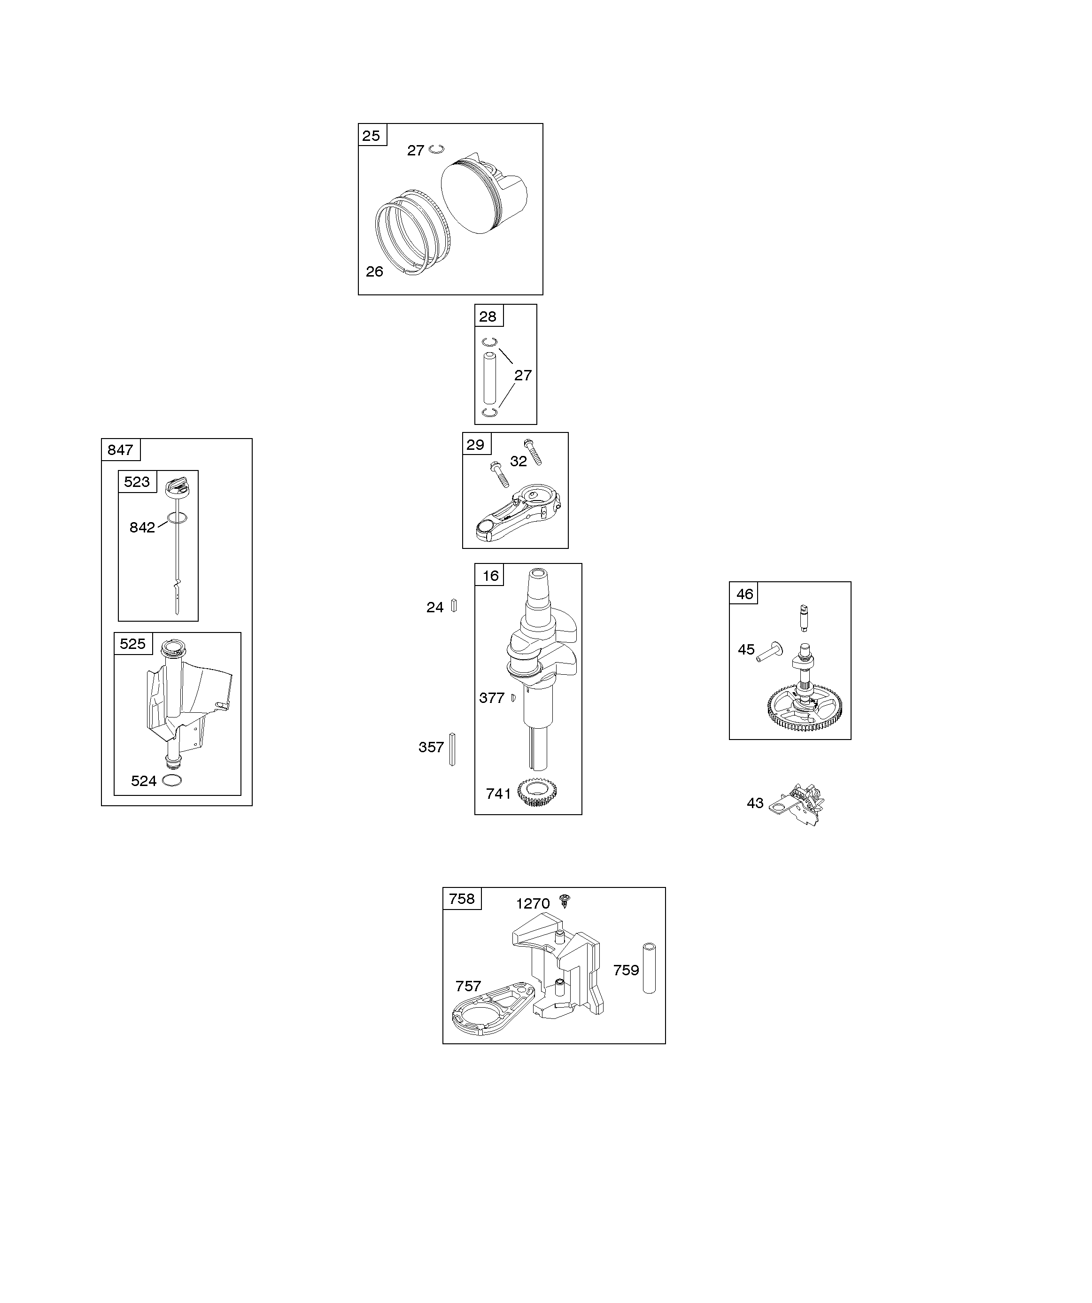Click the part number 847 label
click(x=120, y=450)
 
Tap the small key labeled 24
click(x=454, y=606)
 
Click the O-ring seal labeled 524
click(x=172, y=780)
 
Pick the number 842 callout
click(x=142, y=527)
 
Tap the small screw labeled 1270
click(x=565, y=900)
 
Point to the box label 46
click(x=744, y=594)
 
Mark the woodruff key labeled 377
click(x=513, y=698)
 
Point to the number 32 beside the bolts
click(x=519, y=461)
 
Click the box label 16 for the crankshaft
click(x=490, y=576)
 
